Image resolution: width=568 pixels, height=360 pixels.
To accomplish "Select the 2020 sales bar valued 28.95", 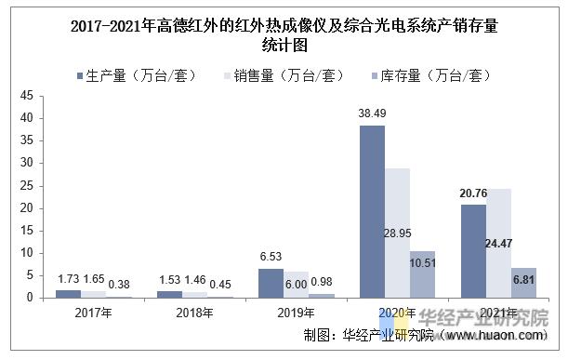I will tap(397, 233).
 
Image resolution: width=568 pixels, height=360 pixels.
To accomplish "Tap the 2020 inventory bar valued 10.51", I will tap(422, 274).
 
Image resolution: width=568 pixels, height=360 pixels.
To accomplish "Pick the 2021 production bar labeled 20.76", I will tap(472, 251).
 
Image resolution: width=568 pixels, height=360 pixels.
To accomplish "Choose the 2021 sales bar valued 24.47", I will tap(498, 243).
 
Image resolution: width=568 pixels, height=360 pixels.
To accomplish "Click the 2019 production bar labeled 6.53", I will tap(271, 283).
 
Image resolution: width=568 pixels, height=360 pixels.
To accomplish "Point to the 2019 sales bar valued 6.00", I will tap(296, 285).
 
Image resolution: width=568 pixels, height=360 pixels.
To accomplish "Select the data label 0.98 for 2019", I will tap(321, 282).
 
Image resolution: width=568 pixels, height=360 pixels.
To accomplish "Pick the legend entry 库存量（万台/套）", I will tap(428, 75).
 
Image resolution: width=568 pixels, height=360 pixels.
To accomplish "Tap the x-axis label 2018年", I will tap(194, 313).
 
